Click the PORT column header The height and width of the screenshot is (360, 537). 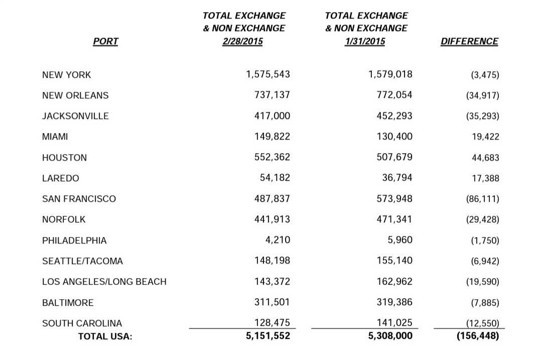(x=105, y=41)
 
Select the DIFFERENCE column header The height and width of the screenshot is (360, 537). (x=469, y=41)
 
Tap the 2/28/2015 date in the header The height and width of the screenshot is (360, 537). (x=242, y=41)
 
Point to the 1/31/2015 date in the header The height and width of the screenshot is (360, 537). (x=365, y=41)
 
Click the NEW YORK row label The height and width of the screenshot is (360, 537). (x=66, y=75)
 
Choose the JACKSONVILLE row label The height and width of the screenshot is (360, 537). (x=75, y=116)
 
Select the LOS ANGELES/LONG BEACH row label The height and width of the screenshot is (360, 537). (x=104, y=282)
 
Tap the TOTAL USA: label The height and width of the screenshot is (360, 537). (x=105, y=336)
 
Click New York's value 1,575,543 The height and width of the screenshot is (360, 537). (x=268, y=74)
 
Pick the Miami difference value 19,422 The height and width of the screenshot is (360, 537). (x=485, y=137)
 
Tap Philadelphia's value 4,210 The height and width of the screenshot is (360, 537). (x=278, y=240)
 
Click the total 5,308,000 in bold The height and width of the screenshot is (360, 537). (x=390, y=336)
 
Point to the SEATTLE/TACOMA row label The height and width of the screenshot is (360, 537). (x=82, y=261)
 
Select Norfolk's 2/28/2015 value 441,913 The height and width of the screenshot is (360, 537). (x=272, y=219)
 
